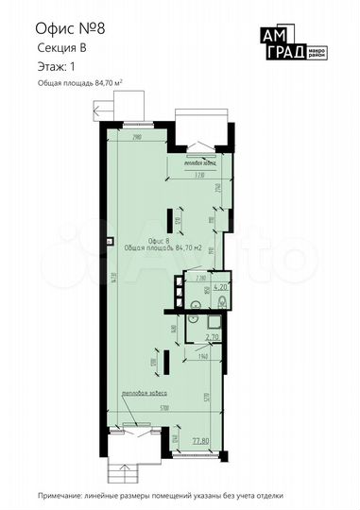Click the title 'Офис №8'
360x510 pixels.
(x=64, y=28)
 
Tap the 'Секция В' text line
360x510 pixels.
(x=59, y=54)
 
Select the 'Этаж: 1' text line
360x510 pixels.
(x=52, y=69)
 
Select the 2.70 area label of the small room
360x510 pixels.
(x=213, y=335)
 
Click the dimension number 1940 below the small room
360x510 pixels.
(x=203, y=356)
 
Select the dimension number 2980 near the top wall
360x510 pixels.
(x=137, y=138)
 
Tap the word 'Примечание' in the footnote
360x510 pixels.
(x=61, y=496)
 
